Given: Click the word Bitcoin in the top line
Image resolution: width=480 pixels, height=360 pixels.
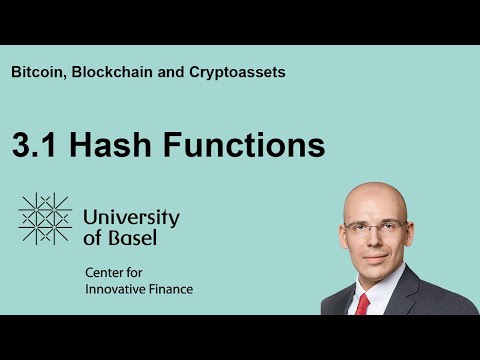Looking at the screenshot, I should point(38,72).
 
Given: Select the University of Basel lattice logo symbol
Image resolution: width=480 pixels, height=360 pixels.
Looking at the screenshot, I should point(45,219).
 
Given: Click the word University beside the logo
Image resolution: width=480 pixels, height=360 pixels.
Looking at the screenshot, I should point(131,217).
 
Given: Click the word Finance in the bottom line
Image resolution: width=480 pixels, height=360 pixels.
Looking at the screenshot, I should point(171,290).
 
